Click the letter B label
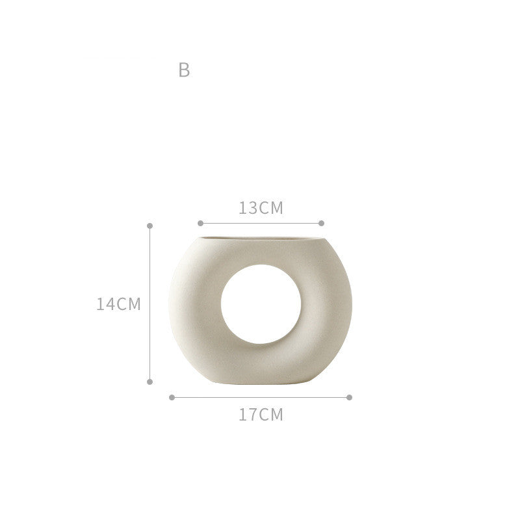click(184, 70)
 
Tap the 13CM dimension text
click(261, 208)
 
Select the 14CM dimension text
click(118, 304)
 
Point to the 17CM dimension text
click(261, 415)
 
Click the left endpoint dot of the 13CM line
click(200, 223)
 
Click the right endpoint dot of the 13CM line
click(321, 223)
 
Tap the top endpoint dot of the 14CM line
click(150, 226)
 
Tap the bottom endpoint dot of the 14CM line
click(150, 382)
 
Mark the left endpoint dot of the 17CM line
click(172, 397)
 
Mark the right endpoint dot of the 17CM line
click(349, 397)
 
